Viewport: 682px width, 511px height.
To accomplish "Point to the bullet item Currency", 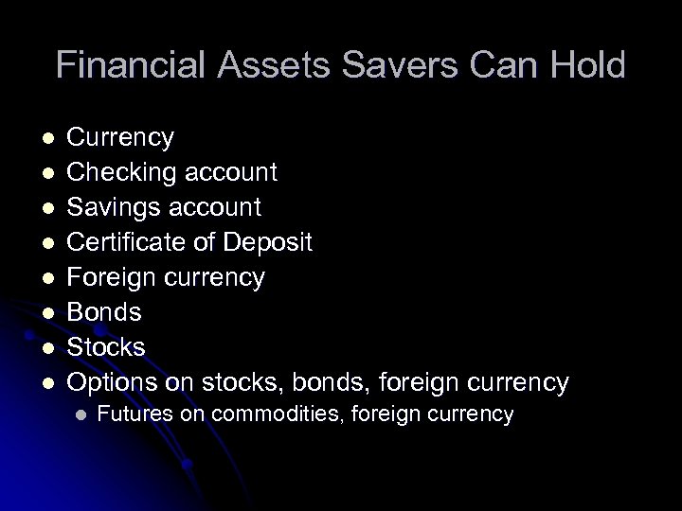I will tap(122, 138).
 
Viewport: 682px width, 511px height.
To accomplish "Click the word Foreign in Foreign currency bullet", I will tap(113, 277).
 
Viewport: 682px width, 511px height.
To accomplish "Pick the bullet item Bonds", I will tap(106, 312).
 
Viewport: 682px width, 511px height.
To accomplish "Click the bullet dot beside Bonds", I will tap(50, 312).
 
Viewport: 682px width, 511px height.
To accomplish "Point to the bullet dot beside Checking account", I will tap(50, 173).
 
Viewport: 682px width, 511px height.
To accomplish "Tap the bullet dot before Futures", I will tap(81, 414).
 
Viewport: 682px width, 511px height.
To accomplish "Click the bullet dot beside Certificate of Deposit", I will tap(50, 242).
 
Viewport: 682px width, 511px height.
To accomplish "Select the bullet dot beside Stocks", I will tap(50, 347).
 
